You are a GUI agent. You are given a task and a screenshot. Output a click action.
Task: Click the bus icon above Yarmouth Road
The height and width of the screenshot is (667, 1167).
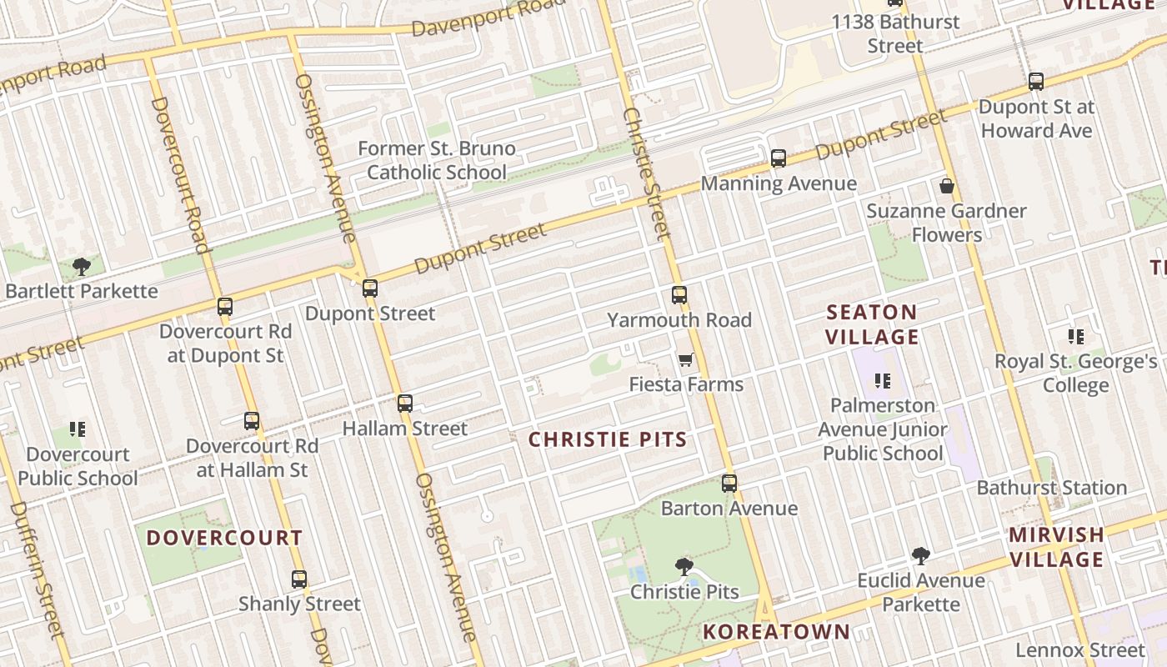[679, 294]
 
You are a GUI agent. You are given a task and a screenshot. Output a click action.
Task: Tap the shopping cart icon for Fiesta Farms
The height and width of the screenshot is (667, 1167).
[685, 359]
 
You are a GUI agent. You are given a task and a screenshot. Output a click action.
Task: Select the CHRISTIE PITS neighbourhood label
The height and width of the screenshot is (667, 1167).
[608, 439]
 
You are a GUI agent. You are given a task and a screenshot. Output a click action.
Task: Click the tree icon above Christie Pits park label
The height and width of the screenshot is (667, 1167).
[684, 567]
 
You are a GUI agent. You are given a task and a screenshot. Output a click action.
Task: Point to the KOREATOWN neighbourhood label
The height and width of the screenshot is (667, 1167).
[776, 632]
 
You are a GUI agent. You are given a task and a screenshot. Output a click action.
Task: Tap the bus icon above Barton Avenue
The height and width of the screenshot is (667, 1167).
[729, 483]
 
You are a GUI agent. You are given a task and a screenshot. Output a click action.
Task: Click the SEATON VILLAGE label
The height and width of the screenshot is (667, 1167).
[872, 324]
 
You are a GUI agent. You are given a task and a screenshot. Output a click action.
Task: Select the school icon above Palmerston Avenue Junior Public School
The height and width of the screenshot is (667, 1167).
[883, 381]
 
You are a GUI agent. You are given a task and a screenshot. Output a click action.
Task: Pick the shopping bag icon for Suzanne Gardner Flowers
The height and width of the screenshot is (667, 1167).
[947, 185]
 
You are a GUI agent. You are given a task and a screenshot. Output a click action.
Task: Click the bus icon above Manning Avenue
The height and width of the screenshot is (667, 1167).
[779, 158]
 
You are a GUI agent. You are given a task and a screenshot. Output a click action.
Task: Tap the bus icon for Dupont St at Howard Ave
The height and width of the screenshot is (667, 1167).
[1036, 82]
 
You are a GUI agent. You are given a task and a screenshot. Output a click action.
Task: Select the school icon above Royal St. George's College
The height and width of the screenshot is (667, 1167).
[1076, 337]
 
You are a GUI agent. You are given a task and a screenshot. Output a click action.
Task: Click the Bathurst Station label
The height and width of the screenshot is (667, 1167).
[1052, 488]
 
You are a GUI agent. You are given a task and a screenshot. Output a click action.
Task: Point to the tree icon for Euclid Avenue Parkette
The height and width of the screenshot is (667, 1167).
[921, 555]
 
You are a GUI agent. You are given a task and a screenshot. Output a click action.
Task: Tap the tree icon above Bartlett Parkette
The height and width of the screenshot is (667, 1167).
[82, 267]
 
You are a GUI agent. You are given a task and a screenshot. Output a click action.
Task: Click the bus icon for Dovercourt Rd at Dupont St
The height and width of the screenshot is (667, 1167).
[225, 306]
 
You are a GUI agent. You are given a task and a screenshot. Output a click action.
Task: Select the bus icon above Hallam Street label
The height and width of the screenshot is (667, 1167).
[405, 404]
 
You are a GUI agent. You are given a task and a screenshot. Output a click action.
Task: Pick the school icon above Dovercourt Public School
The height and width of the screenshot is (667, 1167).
[78, 429]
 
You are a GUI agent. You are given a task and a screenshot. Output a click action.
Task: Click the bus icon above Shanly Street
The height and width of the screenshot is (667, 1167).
[299, 579]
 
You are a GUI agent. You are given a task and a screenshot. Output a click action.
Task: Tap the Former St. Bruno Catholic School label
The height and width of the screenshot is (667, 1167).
[437, 160]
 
